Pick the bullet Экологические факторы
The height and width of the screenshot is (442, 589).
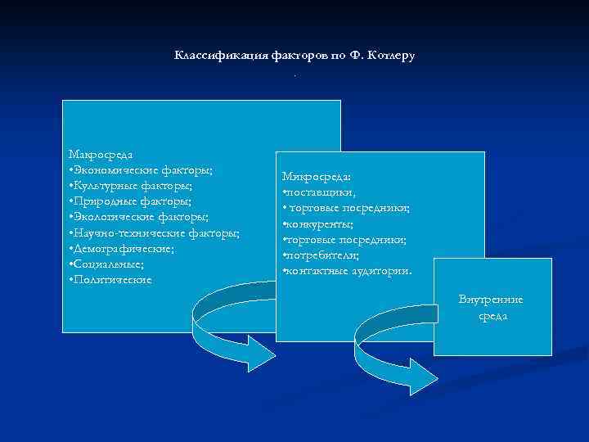(x=139, y=217)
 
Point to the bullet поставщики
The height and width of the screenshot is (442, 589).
(x=318, y=192)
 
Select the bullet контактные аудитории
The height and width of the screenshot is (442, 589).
(x=347, y=270)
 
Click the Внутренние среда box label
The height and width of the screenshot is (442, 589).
(x=491, y=308)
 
